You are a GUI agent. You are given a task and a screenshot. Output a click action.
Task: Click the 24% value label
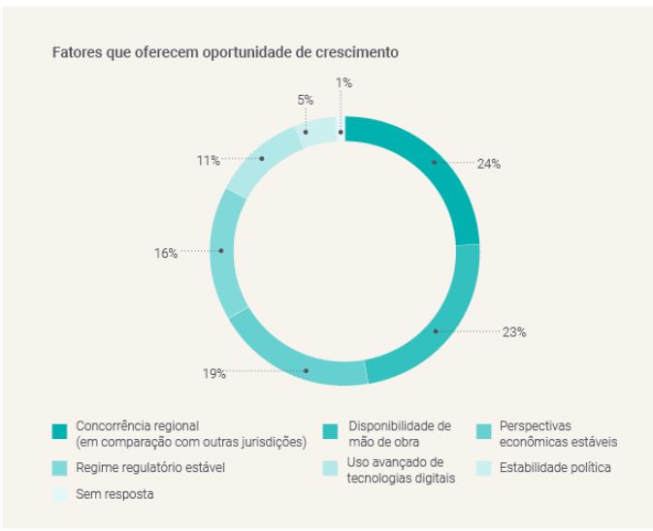[x=489, y=164]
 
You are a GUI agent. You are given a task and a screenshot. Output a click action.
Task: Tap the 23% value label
[x=514, y=332]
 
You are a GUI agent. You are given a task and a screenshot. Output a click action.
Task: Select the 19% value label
[x=213, y=374]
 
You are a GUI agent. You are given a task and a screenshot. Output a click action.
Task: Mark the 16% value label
[x=165, y=253]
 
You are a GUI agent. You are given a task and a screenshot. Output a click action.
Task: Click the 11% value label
[x=208, y=159]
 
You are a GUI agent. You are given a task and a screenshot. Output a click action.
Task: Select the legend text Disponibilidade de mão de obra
[x=400, y=433]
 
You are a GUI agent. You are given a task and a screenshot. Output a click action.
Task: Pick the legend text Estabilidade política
[x=555, y=468]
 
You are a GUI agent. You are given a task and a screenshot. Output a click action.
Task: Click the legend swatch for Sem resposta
[x=60, y=494]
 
